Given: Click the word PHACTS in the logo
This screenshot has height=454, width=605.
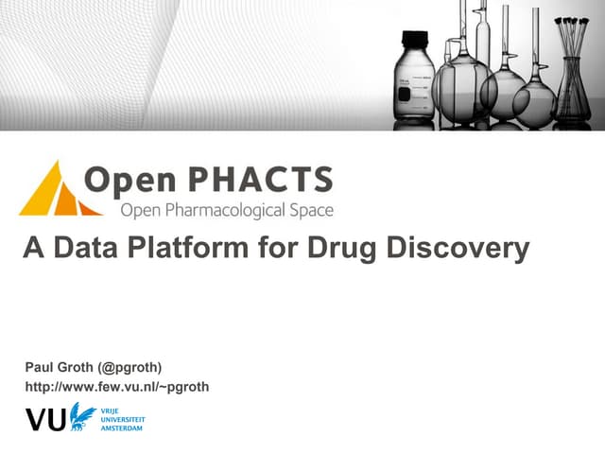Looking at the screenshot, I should tap(274, 180).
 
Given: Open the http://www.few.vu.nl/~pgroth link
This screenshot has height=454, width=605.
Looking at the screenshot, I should tap(116, 386).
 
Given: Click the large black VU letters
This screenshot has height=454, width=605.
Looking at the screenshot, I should tap(46, 418).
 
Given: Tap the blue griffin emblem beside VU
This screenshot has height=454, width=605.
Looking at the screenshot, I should tap(83, 415).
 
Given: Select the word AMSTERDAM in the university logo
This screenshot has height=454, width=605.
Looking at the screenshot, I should tap(124, 428).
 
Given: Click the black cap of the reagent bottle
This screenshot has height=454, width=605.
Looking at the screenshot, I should tap(415, 41).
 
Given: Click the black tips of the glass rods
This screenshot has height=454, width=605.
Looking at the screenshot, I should tap(572, 21).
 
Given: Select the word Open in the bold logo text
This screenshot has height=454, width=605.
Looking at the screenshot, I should tap(126, 180).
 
